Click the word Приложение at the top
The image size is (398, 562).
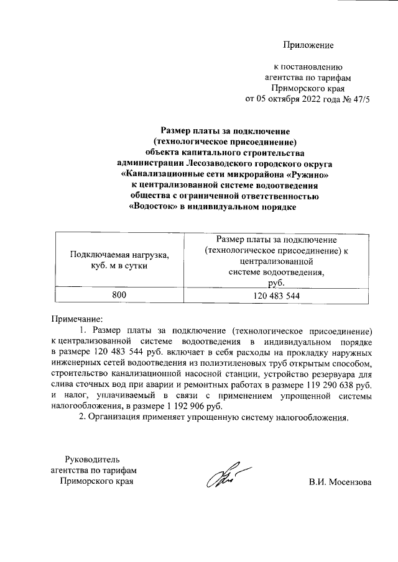(x=308, y=45)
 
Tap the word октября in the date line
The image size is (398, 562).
(x=276, y=98)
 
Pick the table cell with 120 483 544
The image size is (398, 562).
(x=277, y=296)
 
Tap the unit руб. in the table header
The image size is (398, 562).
(x=277, y=283)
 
